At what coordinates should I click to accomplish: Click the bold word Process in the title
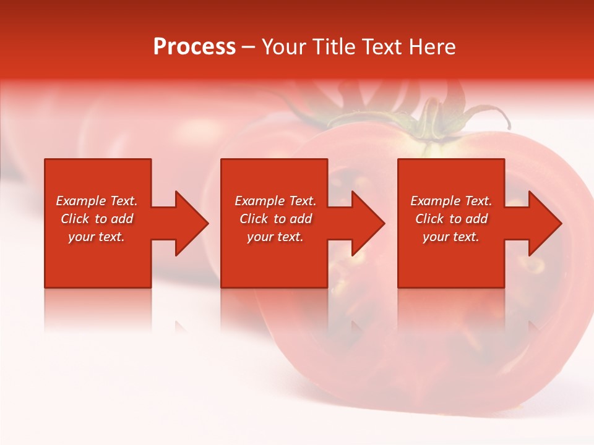pyautogui.click(x=194, y=47)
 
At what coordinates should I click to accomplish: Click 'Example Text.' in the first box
pyautogui.click(x=97, y=201)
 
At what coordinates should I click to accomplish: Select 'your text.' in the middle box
pyautogui.click(x=275, y=237)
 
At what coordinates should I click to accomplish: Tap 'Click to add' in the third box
pyautogui.click(x=451, y=219)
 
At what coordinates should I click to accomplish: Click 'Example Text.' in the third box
pyautogui.click(x=451, y=201)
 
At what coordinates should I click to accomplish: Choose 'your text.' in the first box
pyautogui.click(x=97, y=237)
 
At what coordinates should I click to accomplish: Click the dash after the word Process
pyautogui.click(x=249, y=48)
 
